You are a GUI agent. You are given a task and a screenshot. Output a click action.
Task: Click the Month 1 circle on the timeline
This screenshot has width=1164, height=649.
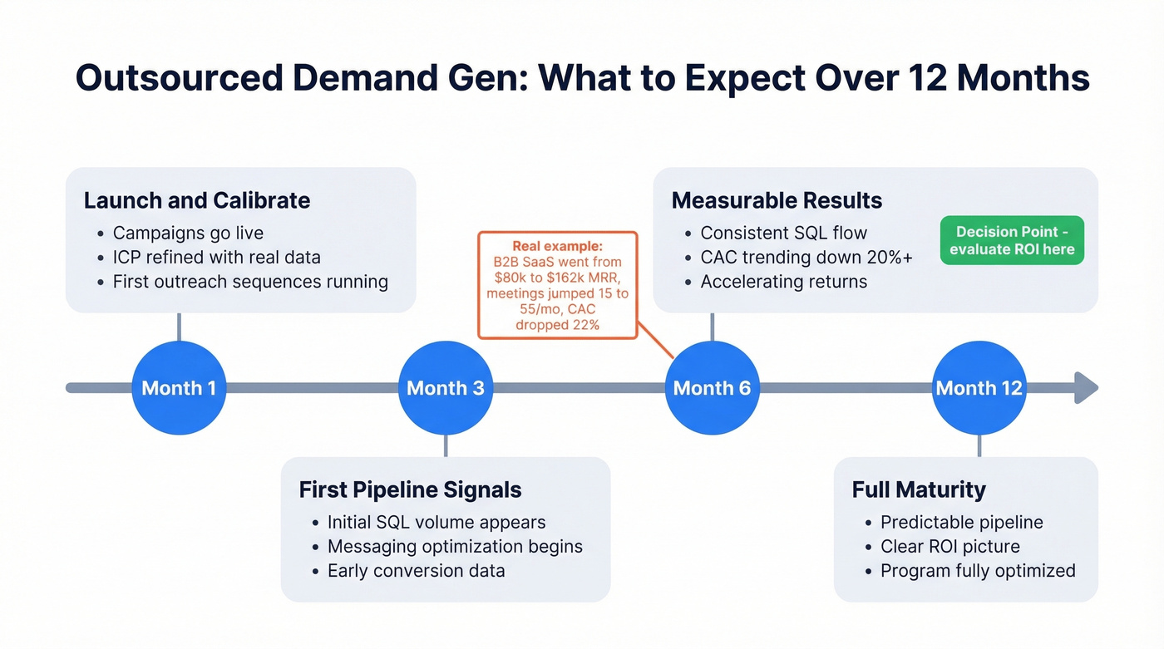(x=179, y=388)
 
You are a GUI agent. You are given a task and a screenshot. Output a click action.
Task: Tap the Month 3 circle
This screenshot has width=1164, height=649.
(x=445, y=388)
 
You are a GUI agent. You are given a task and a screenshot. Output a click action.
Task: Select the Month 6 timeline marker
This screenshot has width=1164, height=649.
(x=712, y=388)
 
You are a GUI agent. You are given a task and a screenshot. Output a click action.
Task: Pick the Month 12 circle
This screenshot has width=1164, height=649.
(x=979, y=388)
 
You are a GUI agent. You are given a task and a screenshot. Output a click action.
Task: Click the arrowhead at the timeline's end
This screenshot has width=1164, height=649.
(x=1086, y=388)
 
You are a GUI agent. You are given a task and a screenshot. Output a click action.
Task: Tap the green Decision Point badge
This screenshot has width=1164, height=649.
(x=1012, y=241)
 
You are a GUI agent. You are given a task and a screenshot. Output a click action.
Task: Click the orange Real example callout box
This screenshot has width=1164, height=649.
(x=557, y=285)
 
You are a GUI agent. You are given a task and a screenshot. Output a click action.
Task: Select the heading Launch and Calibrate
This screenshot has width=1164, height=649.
(x=197, y=200)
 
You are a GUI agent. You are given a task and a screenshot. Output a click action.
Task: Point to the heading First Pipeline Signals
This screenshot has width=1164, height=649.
(x=410, y=489)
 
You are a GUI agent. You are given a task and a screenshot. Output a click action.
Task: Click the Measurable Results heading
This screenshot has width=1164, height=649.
(x=777, y=200)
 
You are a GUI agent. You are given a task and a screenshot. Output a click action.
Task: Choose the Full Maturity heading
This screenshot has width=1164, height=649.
(x=919, y=489)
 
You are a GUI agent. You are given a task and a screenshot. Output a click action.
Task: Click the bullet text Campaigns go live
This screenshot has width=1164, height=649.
(x=188, y=233)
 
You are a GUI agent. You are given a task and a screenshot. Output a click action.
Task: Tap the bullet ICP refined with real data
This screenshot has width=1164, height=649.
(x=216, y=257)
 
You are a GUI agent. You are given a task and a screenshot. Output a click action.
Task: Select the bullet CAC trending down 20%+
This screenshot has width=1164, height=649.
(x=806, y=257)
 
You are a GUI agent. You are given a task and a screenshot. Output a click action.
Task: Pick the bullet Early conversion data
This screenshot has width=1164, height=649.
(x=416, y=571)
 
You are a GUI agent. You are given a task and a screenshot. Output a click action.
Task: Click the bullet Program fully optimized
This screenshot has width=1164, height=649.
(x=978, y=571)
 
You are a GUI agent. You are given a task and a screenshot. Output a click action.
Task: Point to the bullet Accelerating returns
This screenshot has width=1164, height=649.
(x=783, y=282)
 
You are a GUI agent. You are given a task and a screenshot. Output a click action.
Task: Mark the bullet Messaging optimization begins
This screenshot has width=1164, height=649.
(x=455, y=547)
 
